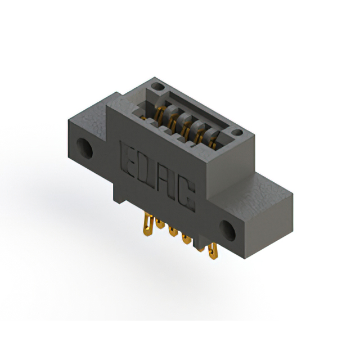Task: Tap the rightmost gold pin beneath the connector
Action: [213, 253]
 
